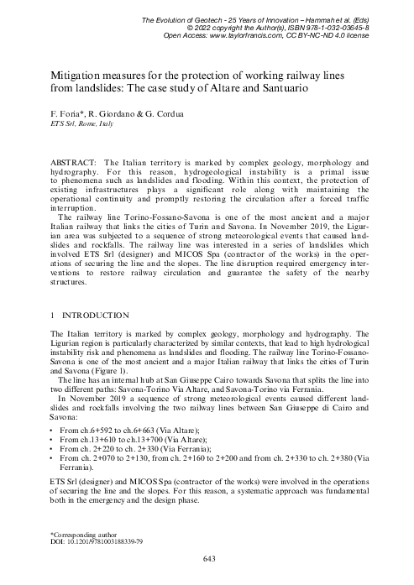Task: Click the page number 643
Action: [x=207, y=558]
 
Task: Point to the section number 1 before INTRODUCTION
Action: [x=54, y=315]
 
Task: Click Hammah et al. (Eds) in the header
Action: [x=360, y=18]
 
